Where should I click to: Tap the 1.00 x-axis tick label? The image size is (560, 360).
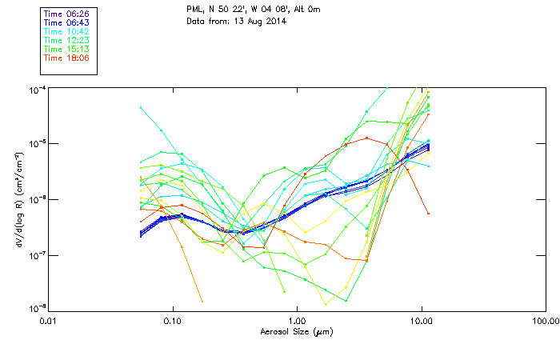pos(297,322)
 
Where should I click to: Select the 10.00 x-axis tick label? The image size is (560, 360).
pos(422,322)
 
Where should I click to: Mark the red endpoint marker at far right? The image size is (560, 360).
pos(428,214)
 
